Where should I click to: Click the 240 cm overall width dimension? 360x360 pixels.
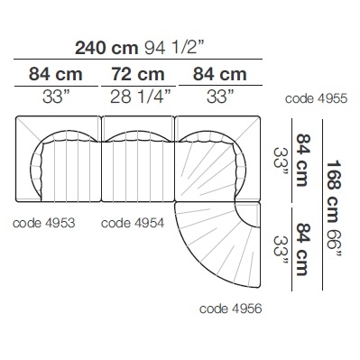pos(106,48)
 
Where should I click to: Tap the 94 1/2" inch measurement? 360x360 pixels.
pos(175,48)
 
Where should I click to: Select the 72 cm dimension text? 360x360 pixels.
pos(138,74)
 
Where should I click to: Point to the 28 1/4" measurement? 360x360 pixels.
pos(141,97)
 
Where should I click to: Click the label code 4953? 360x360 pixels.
pos(44,223)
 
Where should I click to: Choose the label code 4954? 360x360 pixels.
pos(133,223)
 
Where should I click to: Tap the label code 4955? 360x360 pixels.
pos(316,98)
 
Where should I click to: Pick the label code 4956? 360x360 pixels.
pos(231,309)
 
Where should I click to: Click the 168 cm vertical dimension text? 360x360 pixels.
pos(333,191)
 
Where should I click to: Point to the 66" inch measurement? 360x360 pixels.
pos(333,244)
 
